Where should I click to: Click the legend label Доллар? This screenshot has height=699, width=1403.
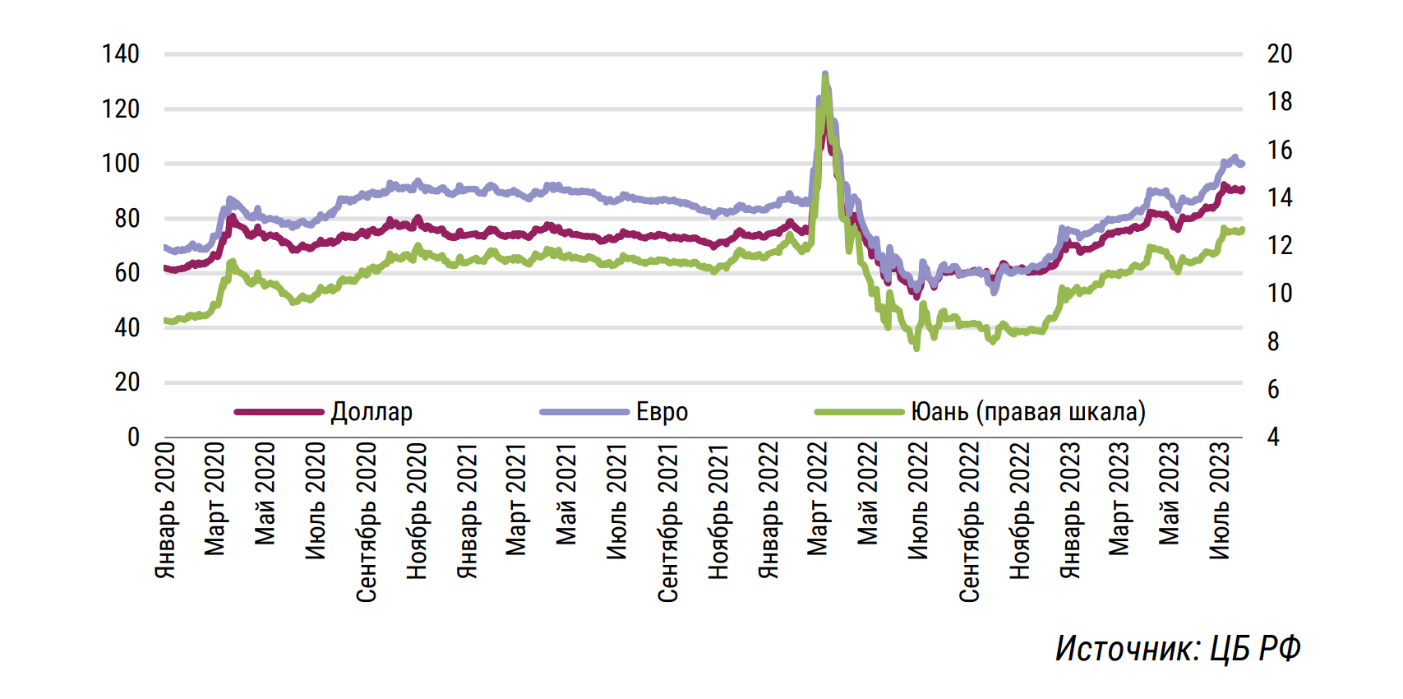point(372,411)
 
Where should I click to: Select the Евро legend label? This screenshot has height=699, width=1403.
point(662,411)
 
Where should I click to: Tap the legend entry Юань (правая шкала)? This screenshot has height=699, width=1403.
point(1027,411)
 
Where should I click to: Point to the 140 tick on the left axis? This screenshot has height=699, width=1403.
point(121,54)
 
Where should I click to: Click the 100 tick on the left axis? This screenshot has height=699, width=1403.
point(121,164)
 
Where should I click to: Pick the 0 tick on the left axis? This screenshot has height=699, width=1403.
point(133,437)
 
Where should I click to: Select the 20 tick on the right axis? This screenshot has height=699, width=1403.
point(1279,54)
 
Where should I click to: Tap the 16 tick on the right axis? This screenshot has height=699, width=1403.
point(1279,150)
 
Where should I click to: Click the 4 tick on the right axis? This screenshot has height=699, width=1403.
point(1273,437)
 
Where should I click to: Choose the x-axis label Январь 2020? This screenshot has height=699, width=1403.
point(165,510)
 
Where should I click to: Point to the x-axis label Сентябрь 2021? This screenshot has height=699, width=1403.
point(667,522)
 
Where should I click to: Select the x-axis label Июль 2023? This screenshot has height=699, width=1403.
point(1220,500)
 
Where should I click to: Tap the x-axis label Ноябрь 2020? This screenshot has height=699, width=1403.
point(417,511)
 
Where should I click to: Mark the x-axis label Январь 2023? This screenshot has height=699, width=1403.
point(1069,510)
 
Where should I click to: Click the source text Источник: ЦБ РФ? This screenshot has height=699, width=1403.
point(1178,649)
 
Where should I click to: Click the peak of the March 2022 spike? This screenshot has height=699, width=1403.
point(825,75)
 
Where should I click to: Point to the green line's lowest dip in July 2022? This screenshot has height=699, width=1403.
point(916,348)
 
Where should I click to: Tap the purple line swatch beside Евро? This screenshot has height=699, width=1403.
point(584,412)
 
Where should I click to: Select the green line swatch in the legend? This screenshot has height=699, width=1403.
point(859,412)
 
